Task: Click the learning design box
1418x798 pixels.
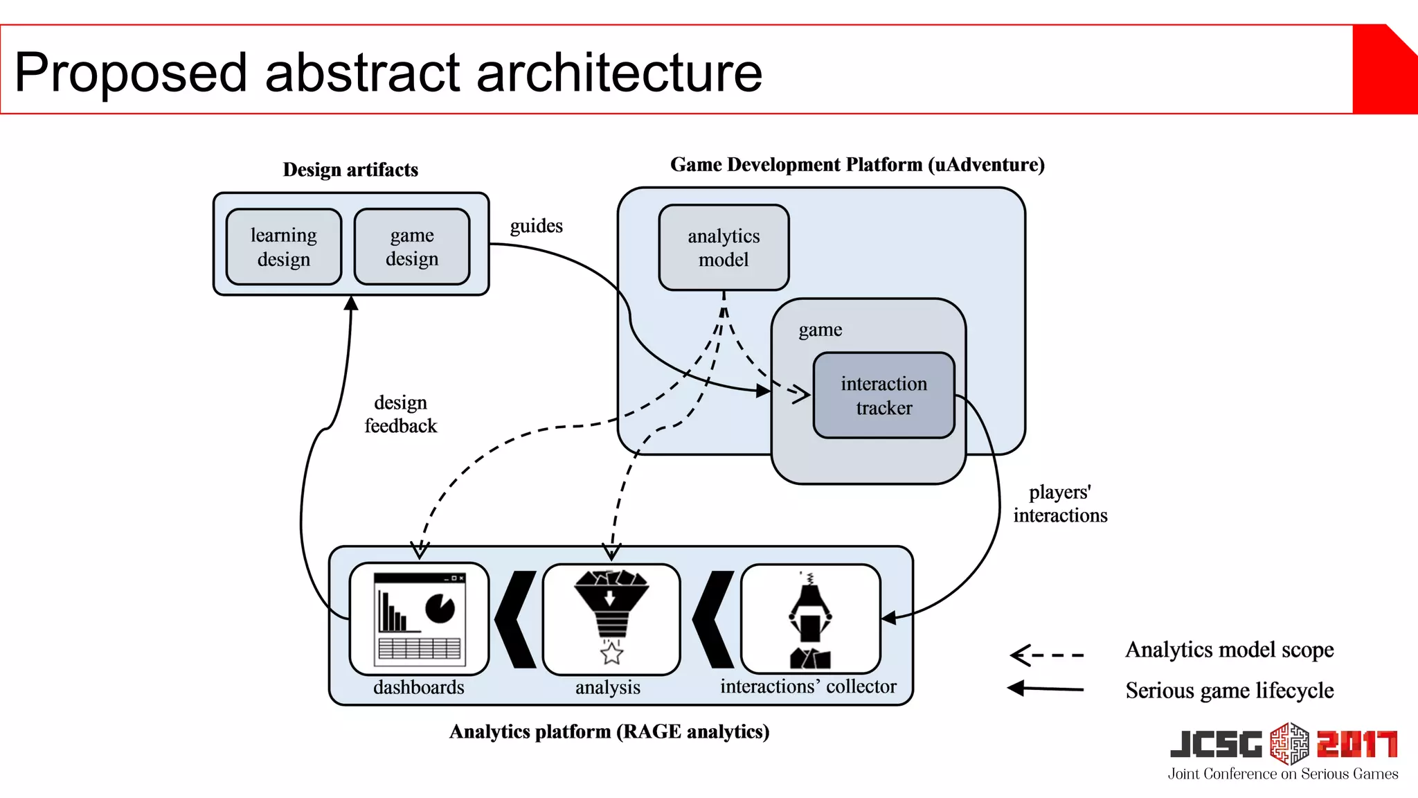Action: point(283,247)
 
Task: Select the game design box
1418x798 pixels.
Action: point(411,247)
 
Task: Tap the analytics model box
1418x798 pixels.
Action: point(724,247)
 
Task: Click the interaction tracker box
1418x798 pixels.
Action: point(883,396)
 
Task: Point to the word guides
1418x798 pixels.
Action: point(536,227)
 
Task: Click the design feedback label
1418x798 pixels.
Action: point(400,414)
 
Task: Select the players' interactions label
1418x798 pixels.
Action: point(1060,504)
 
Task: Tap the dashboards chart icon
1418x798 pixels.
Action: point(419,619)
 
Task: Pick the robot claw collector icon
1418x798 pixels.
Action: point(810,619)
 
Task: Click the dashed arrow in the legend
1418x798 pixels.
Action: point(1046,655)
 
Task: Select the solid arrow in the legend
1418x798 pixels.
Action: point(1046,689)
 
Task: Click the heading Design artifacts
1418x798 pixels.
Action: point(350,170)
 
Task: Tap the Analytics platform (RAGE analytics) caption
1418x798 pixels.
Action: point(609,731)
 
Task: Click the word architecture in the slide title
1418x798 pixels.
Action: point(619,72)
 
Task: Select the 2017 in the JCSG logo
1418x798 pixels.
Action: point(1357,745)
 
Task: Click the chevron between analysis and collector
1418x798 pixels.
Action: point(713,619)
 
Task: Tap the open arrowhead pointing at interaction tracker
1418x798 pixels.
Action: point(800,394)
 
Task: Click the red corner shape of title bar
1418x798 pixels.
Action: point(1385,69)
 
